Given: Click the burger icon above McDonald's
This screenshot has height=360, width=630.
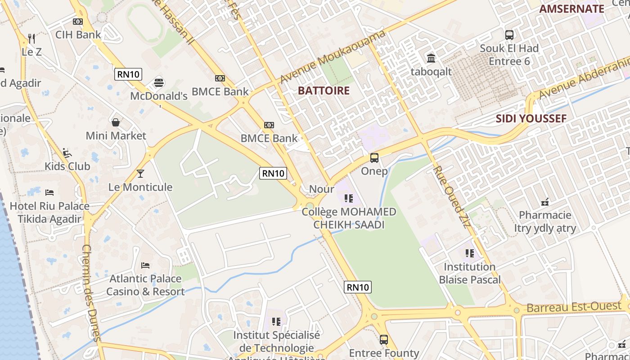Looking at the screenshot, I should pos(158,82).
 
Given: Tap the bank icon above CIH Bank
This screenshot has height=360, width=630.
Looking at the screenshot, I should pos(78,21).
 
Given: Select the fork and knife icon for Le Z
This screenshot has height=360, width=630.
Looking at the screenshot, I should pos(31,38).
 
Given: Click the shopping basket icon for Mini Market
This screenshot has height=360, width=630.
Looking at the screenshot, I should pos(116,122).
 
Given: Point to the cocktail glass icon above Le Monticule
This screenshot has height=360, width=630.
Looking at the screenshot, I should pos(140,173).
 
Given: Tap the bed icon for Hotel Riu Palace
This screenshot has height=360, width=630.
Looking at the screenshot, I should pos(49,193).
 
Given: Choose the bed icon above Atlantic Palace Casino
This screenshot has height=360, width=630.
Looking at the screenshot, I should pos(145,265).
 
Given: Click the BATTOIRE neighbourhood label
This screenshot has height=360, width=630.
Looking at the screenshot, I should pos(324,90).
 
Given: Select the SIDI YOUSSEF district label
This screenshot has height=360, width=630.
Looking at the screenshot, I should pos(531,119).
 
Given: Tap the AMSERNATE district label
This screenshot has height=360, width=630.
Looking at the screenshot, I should pos(571,9).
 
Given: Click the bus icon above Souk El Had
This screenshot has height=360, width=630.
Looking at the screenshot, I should pos(509,35).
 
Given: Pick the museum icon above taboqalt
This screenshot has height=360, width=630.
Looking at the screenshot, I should pos(431,58).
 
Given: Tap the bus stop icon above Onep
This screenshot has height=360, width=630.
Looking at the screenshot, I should pos(374,158).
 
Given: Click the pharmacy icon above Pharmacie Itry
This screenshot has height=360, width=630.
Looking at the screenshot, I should pos(545,202).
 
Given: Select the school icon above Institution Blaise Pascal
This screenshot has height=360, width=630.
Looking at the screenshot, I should pos(470,253).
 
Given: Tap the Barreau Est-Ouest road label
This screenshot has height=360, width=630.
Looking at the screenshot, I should pos(574,307).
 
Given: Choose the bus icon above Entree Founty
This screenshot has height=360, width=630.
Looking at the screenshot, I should pos(384,340).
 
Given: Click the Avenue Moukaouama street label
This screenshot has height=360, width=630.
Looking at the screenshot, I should pos(333,56).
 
